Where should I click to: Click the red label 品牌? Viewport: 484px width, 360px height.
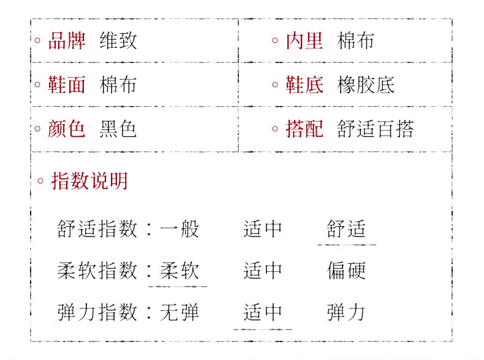point(67,40)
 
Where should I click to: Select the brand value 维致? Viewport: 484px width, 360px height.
point(118,40)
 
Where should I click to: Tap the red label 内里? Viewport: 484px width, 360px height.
point(304,40)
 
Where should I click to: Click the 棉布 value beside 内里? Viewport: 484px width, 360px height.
point(356,40)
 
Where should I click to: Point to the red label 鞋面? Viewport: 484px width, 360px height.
point(67,85)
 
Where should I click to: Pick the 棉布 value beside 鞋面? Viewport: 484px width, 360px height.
point(118,85)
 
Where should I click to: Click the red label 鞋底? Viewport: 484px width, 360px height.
point(304,85)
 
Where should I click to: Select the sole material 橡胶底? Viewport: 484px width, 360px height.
point(366,85)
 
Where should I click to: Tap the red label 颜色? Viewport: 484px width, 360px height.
point(67,129)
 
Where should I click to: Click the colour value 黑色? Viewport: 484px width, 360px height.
point(118,129)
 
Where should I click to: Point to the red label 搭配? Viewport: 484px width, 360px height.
point(304,129)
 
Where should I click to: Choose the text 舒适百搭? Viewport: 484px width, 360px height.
point(376,129)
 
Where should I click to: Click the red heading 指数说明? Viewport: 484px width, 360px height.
point(89,181)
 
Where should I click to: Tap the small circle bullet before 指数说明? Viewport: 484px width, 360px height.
point(40,181)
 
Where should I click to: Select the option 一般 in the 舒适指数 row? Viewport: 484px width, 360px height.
point(180,229)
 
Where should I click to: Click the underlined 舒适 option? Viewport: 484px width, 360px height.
point(346,229)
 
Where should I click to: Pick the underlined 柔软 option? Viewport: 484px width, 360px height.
point(180,271)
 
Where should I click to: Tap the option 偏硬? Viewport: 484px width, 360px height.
point(346,271)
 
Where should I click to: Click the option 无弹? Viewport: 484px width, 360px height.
point(180,313)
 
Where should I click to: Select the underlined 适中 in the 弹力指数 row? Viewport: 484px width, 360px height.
point(263,313)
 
